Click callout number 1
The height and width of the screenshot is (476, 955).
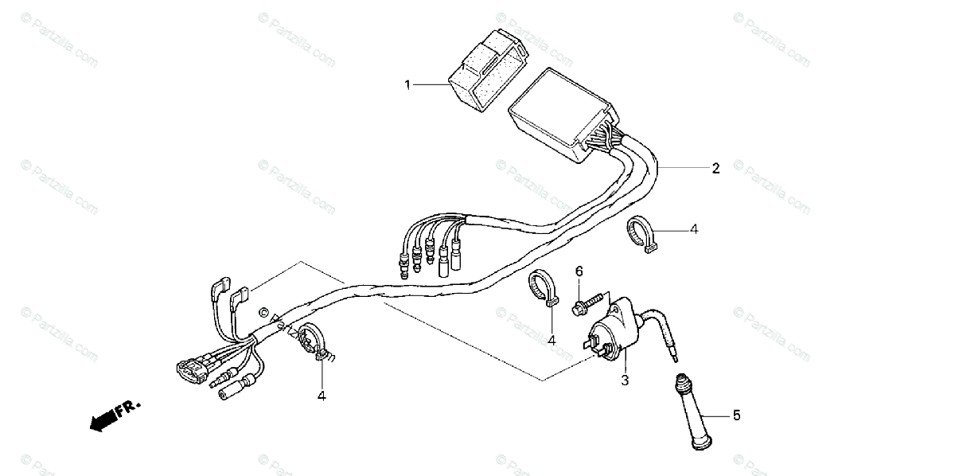(x=407, y=84)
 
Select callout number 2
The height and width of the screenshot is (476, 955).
(x=715, y=168)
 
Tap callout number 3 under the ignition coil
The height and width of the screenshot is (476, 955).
(x=625, y=380)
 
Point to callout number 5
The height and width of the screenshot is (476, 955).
(x=736, y=415)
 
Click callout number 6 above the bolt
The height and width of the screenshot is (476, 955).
(x=579, y=271)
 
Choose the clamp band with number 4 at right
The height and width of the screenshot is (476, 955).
(x=641, y=236)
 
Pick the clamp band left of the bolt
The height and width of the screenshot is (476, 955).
(x=544, y=288)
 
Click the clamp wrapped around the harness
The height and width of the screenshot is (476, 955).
(x=312, y=344)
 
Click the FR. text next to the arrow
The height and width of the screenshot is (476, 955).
(x=127, y=409)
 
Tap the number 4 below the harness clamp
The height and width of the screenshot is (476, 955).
(x=322, y=395)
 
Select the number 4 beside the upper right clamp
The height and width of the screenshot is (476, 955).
(x=694, y=229)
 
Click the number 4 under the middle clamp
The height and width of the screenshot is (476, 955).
(x=552, y=341)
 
